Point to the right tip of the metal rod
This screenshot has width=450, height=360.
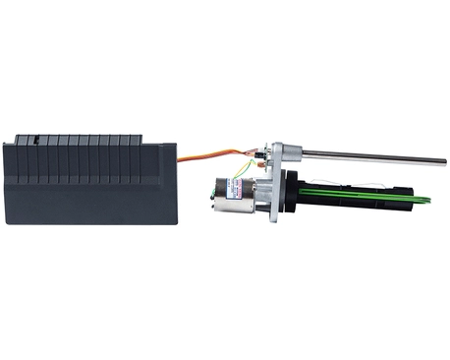(443, 161)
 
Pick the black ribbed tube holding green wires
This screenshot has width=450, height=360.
(334, 196)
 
